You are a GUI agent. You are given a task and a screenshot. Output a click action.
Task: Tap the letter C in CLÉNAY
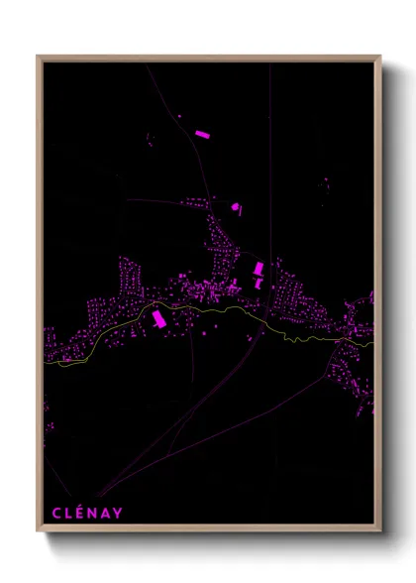(55, 512)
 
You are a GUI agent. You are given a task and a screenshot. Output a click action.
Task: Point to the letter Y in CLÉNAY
(119, 512)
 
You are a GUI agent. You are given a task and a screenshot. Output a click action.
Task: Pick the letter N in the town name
(94, 512)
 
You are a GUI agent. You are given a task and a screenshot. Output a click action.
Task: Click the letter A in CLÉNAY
(107, 512)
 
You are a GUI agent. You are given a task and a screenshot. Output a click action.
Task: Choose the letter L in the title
(69, 512)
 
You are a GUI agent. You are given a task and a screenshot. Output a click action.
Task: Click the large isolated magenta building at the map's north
(201, 133)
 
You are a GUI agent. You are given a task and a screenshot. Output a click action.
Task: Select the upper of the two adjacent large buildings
(260, 268)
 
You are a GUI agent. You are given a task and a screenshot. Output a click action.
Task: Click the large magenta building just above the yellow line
(156, 317)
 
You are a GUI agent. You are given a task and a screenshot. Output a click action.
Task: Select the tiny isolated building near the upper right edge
(325, 184)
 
